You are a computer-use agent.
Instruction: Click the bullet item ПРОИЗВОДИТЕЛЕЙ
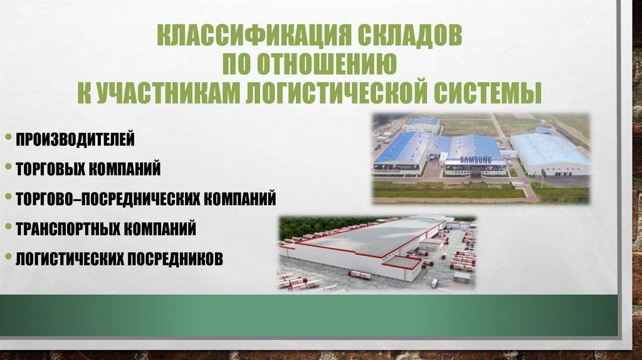pyautogui.click(x=75, y=139)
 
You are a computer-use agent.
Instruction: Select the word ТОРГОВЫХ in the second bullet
pyautogui.click(x=53, y=169)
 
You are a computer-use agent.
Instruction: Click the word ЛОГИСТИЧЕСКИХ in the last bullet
pyautogui.click(x=70, y=258)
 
